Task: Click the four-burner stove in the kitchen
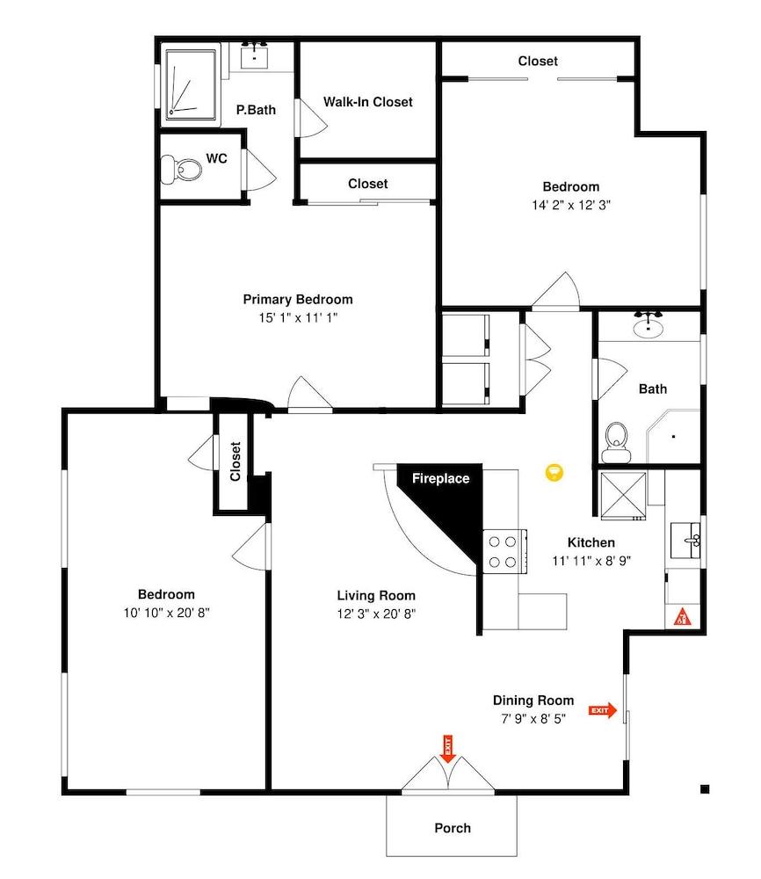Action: pyautogui.click(x=504, y=551)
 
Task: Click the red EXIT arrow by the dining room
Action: pyautogui.click(x=604, y=710)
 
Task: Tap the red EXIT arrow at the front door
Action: pyautogui.click(x=446, y=748)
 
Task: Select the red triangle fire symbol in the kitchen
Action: pyautogui.click(x=682, y=618)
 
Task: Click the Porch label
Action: pyautogui.click(x=453, y=828)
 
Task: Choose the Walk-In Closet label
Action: pyautogui.click(x=367, y=102)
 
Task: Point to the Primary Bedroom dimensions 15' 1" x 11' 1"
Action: pyautogui.click(x=298, y=317)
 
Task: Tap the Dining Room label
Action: pyautogui.click(x=533, y=701)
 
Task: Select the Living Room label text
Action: pyautogui.click(x=376, y=595)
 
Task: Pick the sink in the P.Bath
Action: pyautogui.click(x=256, y=56)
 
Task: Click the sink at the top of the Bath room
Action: pyautogui.click(x=649, y=327)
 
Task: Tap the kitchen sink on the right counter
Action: pyautogui.click(x=686, y=539)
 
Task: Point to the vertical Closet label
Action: pyautogui.click(x=236, y=461)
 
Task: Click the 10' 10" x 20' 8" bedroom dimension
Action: pyautogui.click(x=166, y=613)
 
